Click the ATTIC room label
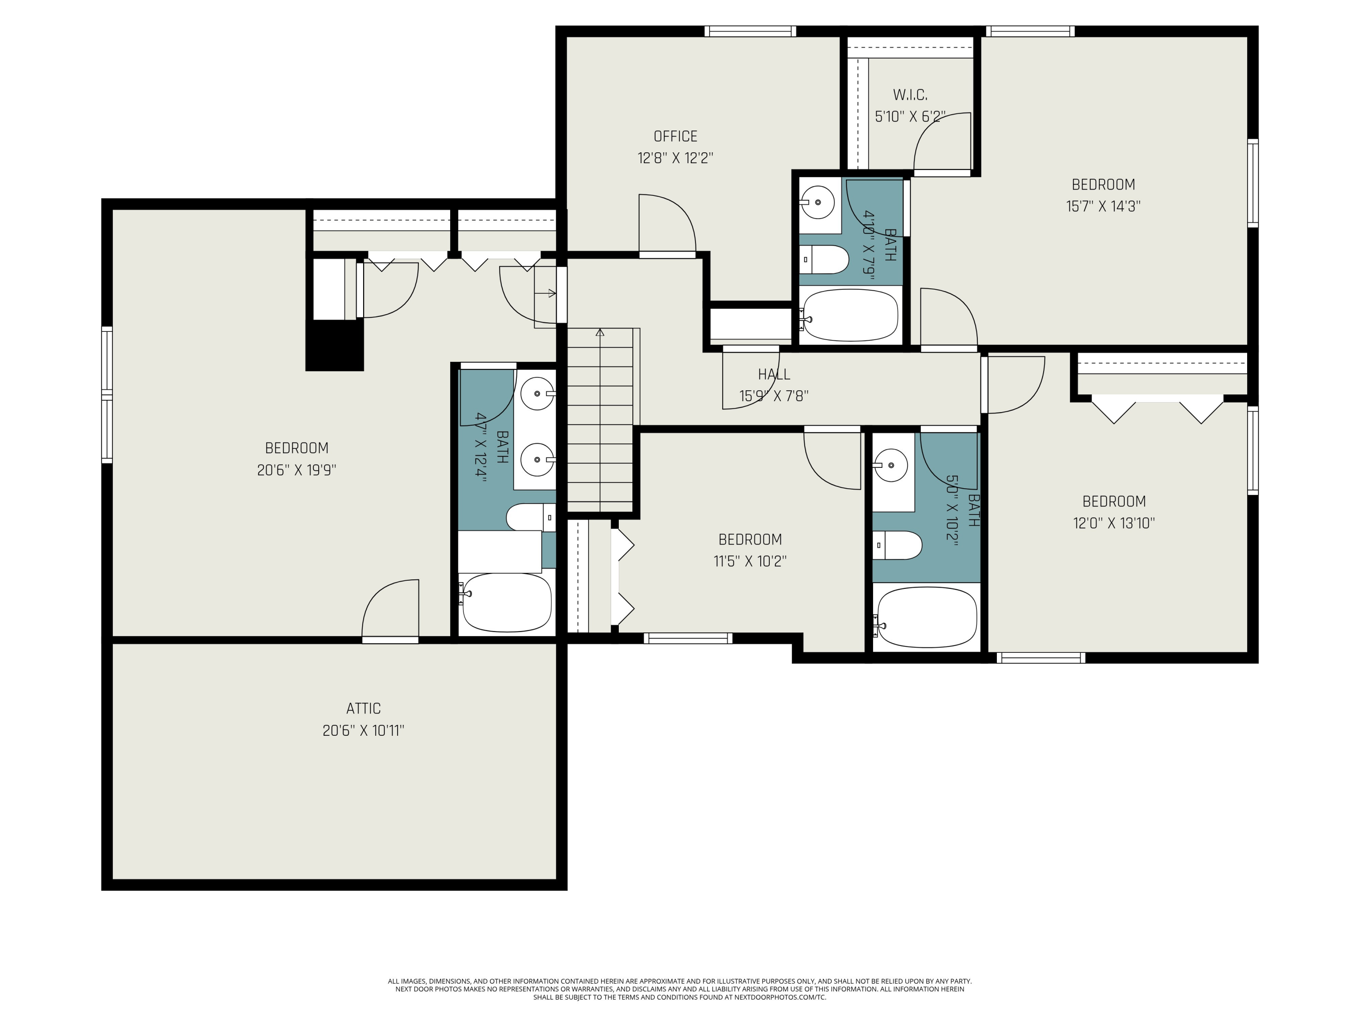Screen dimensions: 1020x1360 coord(364,708)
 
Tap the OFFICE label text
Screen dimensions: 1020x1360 coord(675,136)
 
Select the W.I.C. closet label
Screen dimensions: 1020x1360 coord(910,95)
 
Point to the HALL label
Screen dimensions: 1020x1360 coord(773,374)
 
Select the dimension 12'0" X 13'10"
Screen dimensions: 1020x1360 coord(1113,523)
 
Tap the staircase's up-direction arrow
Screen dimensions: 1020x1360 coord(600,333)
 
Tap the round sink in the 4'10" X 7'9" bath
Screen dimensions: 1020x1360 coord(817,201)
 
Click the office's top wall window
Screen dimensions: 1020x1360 coord(750,31)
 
